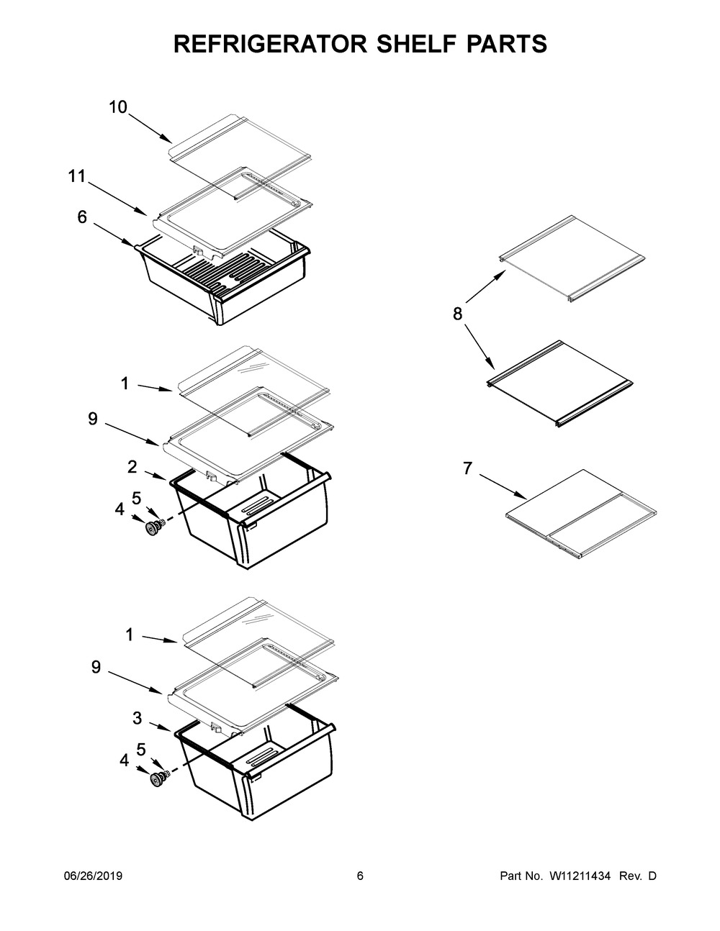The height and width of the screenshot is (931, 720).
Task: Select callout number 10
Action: coord(118,107)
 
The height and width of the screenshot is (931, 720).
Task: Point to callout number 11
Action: coord(77,176)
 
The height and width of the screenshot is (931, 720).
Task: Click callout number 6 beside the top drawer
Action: coord(82,217)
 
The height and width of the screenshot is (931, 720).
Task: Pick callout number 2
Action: coord(132,466)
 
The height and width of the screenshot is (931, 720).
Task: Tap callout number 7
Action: coord(467,469)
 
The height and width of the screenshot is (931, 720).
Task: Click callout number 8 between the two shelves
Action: coord(458,314)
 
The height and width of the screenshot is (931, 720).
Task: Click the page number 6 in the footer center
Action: coord(360,876)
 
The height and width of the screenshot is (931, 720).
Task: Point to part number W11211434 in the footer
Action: coord(580,876)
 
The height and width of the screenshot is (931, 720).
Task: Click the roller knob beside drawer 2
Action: coord(153,529)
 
